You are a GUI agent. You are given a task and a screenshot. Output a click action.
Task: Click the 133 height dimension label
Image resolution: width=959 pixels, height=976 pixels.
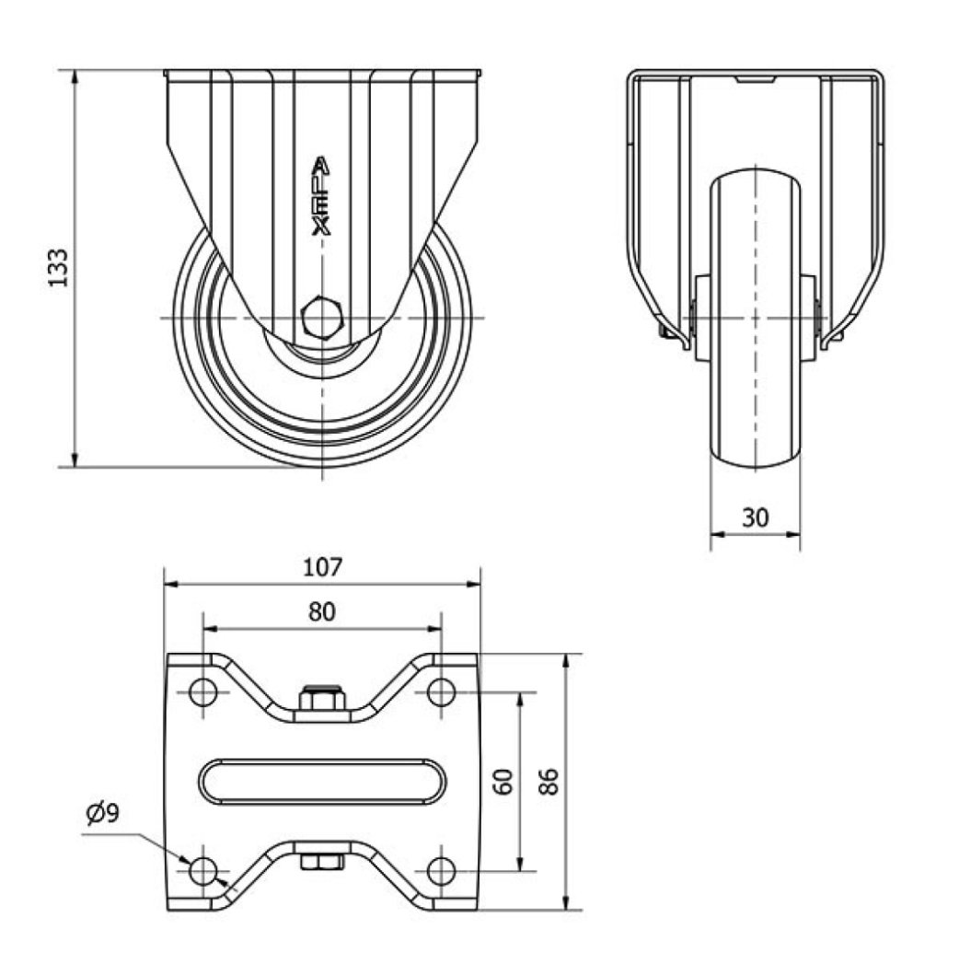pos(58,268)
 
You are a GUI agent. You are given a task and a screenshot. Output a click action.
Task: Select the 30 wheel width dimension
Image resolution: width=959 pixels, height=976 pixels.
pos(755,517)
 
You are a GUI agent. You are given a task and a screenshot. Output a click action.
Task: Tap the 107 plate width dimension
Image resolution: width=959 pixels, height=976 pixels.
pos(322,567)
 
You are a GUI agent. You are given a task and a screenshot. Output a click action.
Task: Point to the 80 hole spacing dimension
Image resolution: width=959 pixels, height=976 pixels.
pos(322,612)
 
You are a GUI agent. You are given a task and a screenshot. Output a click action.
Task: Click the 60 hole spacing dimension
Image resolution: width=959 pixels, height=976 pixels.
pos(503,781)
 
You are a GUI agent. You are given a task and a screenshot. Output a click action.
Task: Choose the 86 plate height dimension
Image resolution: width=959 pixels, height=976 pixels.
pos(549,781)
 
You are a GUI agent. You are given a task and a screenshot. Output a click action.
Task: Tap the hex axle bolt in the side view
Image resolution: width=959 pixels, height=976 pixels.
pos(322,318)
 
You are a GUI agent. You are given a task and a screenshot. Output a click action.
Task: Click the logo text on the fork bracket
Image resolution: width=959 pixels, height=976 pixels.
pos(321,196)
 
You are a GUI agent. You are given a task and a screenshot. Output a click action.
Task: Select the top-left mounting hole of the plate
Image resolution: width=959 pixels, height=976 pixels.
pos(202,691)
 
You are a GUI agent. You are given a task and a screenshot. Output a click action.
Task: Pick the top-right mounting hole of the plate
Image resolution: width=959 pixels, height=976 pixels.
pos(441,691)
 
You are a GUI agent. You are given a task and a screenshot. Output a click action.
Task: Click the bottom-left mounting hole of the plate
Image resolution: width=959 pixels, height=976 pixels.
pos(202,871)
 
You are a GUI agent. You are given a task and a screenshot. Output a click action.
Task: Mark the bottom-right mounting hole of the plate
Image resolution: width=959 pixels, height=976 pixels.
pos(441,871)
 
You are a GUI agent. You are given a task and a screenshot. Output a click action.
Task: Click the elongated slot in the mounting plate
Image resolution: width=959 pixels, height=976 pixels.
pos(322,782)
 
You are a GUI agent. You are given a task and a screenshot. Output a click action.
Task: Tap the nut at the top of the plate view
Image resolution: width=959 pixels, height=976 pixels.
pos(322,698)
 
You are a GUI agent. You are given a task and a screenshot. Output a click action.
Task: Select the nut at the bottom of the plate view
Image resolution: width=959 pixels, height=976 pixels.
pos(322,862)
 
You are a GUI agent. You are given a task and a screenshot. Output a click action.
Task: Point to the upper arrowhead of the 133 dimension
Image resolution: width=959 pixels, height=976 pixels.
pos(75,78)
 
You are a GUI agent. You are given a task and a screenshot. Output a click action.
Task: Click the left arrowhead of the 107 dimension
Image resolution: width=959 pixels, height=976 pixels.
pos(172,584)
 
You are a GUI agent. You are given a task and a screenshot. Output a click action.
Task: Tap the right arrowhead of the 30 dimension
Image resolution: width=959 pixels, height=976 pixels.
pos(791,533)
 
